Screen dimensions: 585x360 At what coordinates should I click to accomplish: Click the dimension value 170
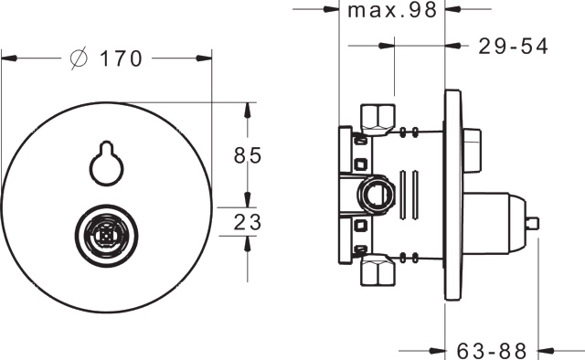click(x=122, y=58)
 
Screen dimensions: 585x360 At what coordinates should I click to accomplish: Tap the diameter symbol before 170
click(x=80, y=58)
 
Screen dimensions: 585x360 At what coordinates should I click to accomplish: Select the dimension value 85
click(x=248, y=155)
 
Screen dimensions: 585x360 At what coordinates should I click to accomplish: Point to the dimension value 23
click(x=248, y=222)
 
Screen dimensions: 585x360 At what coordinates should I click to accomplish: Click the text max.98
click(x=392, y=10)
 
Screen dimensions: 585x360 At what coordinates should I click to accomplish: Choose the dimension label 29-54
click(x=513, y=47)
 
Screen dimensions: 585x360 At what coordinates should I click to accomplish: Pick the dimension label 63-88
click(x=492, y=351)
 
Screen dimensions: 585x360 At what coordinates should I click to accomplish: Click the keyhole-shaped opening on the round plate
click(x=106, y=163)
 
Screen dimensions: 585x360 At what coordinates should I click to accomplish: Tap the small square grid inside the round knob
click(x=106, y=236)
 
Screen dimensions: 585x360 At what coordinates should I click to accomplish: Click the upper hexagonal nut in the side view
click(x=378, y=120)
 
